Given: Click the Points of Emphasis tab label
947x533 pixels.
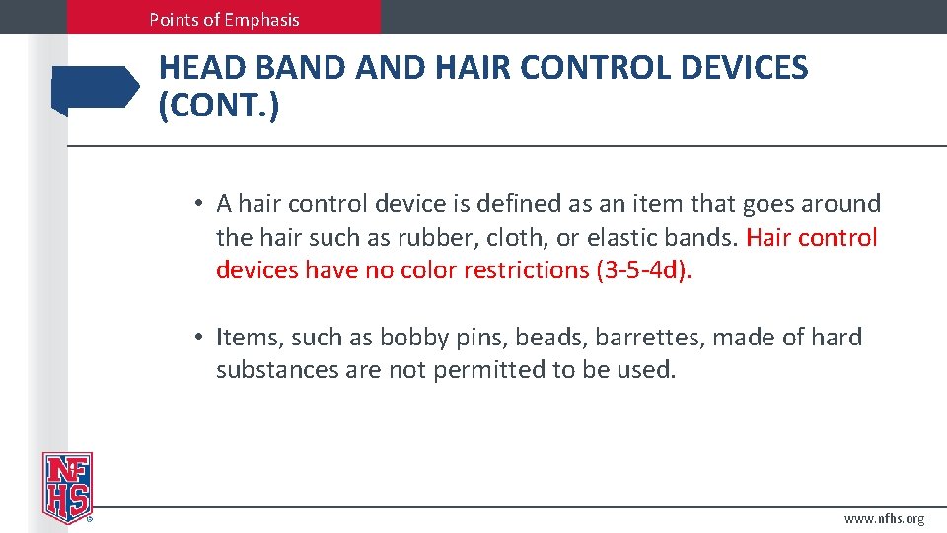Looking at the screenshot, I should pos(224,19).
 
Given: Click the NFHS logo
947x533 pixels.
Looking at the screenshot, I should pos(67,487).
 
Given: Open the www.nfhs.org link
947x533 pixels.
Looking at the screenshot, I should pos(884,518).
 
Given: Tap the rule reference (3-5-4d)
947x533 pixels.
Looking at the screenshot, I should pos(644,270).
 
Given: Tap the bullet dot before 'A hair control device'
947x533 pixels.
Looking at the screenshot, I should pos(198,204).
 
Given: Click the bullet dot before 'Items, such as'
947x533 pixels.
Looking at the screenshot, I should pos(198,338).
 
